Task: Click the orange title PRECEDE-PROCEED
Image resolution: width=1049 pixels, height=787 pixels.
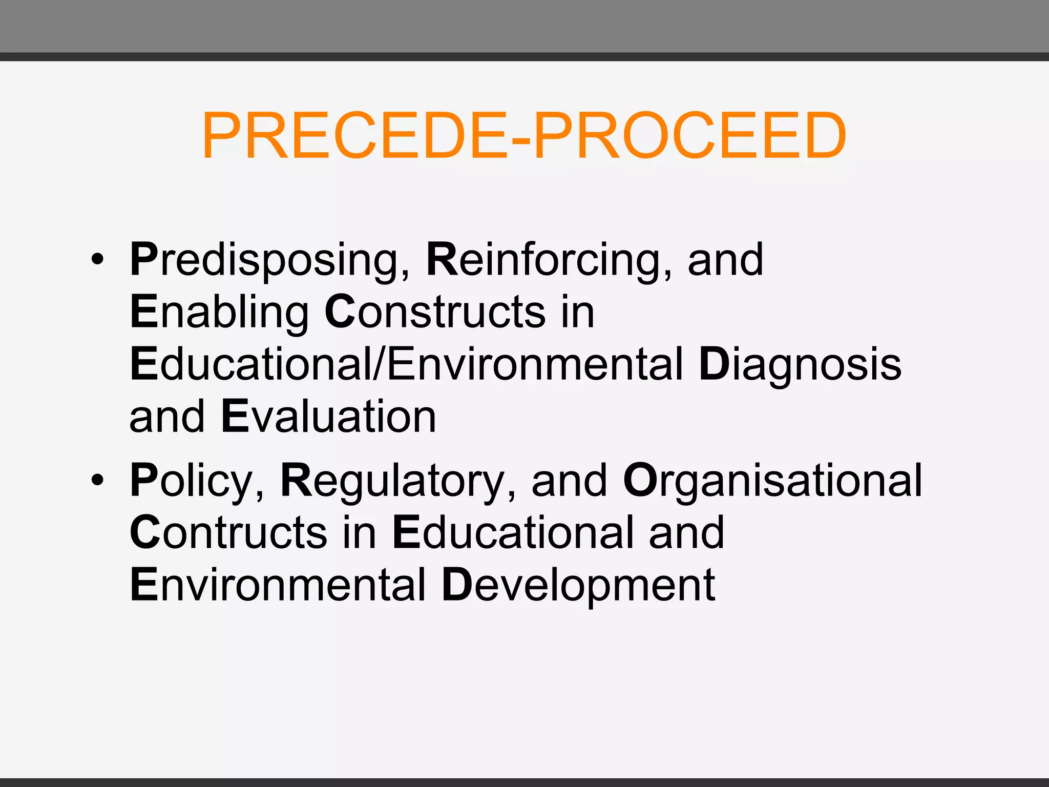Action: coord(523,136)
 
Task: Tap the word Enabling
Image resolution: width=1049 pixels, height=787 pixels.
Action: coord(219,313)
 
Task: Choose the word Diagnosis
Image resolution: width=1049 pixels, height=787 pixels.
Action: coord(800,365)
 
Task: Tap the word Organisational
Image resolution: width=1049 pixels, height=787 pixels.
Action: coord(773,482)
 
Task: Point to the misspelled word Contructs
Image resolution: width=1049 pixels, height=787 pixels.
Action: coord(228,533)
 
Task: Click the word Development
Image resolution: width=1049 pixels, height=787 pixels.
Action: coord(578,585)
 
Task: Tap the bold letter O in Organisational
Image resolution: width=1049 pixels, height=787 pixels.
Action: coord(639,481)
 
